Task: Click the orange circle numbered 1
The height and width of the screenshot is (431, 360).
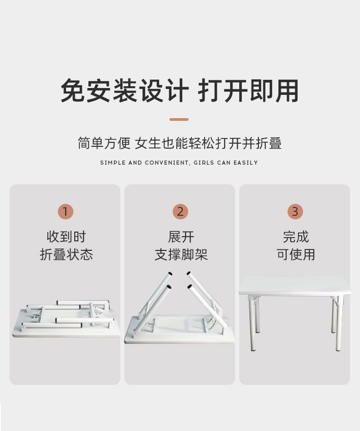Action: [65, 211]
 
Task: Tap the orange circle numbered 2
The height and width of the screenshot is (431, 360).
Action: [180, 211]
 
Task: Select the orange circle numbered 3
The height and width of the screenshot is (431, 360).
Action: [295, 211]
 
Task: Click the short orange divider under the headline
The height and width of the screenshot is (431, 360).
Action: [179, 119]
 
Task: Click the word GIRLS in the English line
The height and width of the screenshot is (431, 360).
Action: [204, 162]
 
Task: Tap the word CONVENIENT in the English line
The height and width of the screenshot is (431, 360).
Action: [167, 163]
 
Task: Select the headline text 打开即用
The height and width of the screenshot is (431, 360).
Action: [248, 90]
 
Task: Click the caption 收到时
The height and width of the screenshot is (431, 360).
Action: [66, 237]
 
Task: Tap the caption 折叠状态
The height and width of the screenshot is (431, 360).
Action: [66, 254]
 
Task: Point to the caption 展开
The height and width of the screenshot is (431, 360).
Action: [181, 237]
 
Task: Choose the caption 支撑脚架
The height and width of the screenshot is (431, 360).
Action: [181, 254]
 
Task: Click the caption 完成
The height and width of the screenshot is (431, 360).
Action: [296, 237]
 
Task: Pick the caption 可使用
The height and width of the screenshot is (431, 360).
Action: [296, 254]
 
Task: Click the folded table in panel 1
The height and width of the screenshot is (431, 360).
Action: [66, 319]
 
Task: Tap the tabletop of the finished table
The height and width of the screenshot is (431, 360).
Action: [295, 286]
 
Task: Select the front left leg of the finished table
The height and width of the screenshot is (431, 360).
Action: [252, 325]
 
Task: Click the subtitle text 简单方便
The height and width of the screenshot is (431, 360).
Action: [104, 143]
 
